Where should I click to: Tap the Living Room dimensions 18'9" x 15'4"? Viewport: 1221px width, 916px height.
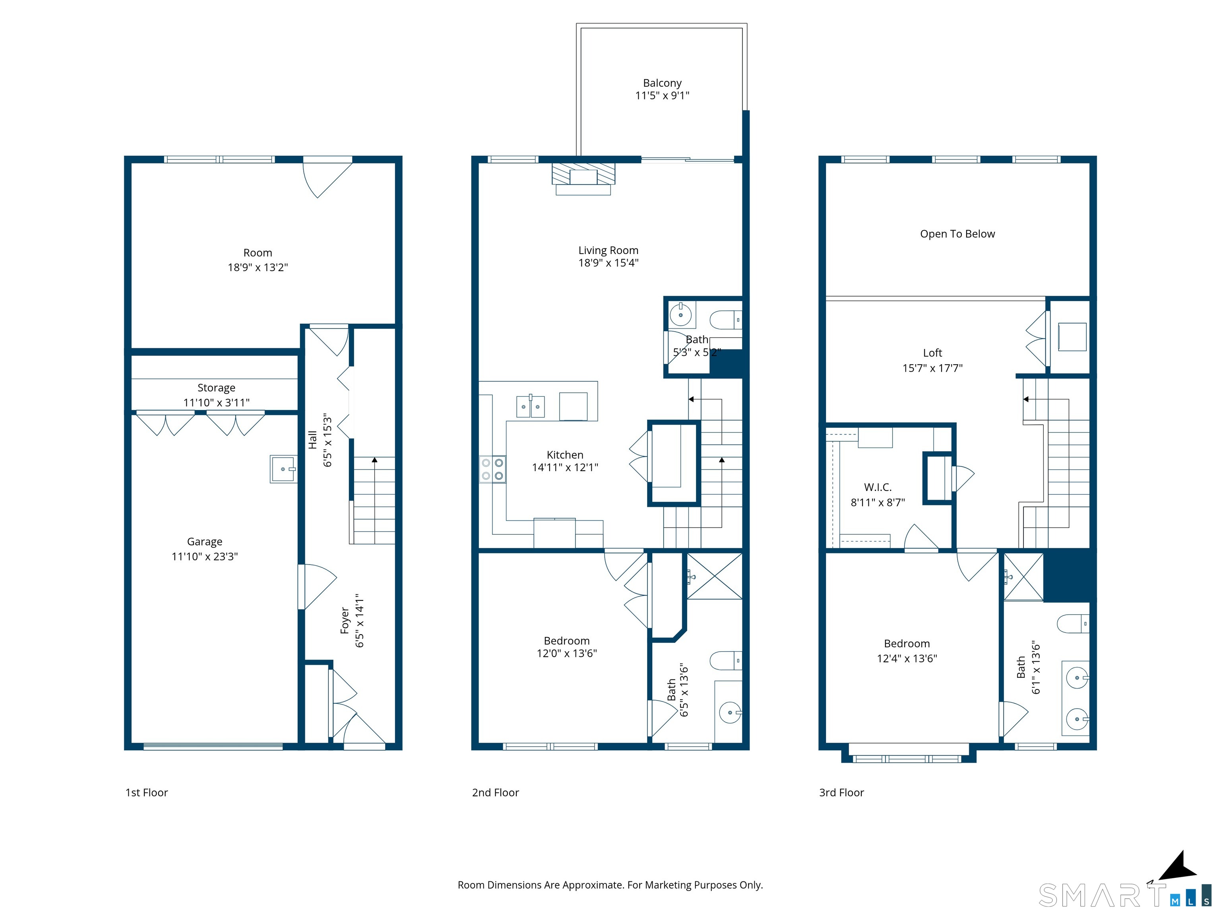point(608,263)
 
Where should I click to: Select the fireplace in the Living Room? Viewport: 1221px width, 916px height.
point(583,179)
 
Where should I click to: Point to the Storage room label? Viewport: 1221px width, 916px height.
point(216,388)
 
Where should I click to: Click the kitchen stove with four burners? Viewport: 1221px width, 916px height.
point(492,469)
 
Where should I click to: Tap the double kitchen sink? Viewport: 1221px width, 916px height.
point(531,406)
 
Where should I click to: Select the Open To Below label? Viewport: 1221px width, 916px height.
point(957,233)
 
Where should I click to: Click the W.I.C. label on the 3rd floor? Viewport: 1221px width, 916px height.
point(878,487)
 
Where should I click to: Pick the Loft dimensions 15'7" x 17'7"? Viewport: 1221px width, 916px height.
point(932,368)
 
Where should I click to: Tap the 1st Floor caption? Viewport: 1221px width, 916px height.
point(146,792)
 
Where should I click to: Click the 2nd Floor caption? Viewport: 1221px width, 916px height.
point(495,792)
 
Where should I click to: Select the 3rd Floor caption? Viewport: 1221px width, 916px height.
point(841,792)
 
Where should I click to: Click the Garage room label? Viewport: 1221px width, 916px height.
point(205,541)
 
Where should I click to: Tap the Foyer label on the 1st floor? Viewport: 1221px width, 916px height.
point(345,621)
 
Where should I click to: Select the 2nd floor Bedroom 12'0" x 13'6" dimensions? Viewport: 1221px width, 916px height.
point(567,653)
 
